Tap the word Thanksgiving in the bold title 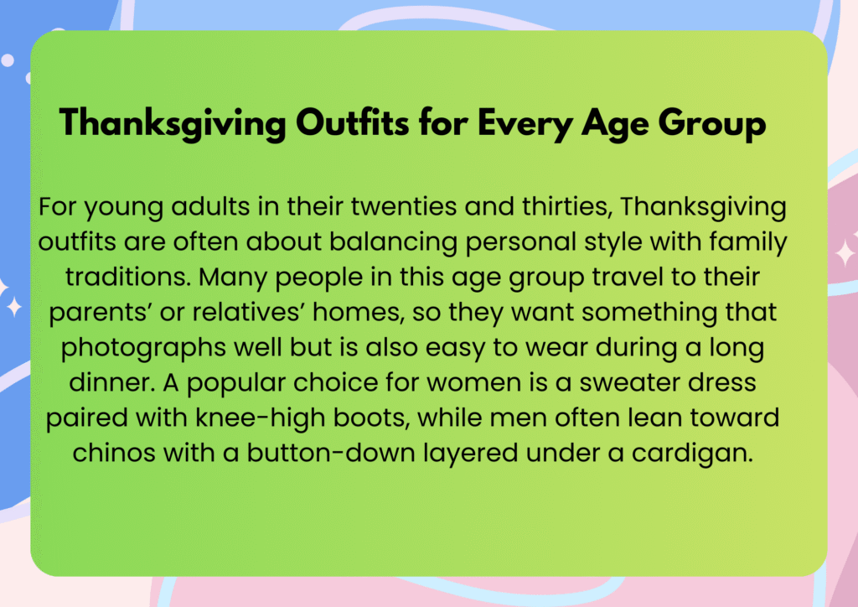pyautogui.click(x=173, y=123)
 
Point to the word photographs pyautogui.click(x=144, y=348)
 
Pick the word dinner pyautogui.click(x=112, y=383)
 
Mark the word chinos pyautogui.click(x=114, y=454)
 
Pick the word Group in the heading pyautogui.click(x=712, y=123)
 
